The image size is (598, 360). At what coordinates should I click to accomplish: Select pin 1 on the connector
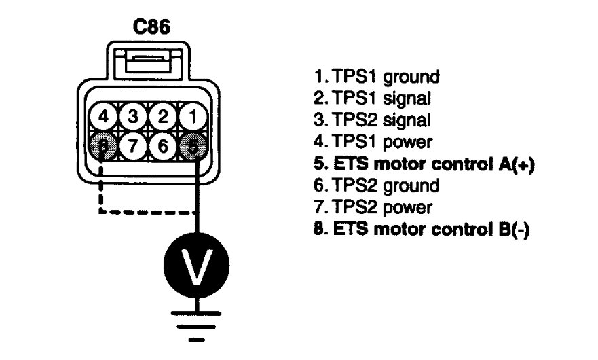[x=193, y=116]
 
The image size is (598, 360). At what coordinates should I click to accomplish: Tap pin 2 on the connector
[x=163, y=116]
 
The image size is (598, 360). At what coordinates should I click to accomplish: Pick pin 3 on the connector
[x=133, y=116]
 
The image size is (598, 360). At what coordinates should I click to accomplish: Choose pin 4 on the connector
[x=103, y=116]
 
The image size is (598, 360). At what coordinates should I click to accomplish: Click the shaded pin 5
[x=193, y=145]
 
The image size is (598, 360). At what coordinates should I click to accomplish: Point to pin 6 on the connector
[x=163, y=145]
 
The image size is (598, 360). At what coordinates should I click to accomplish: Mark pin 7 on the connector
[x=133, y=145]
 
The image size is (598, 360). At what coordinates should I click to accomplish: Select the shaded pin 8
[x=103, y=145]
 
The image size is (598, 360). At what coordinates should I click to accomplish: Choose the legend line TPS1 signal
[x=371, y=97]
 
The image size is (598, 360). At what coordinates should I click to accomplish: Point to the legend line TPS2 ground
[x=374, y=185]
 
